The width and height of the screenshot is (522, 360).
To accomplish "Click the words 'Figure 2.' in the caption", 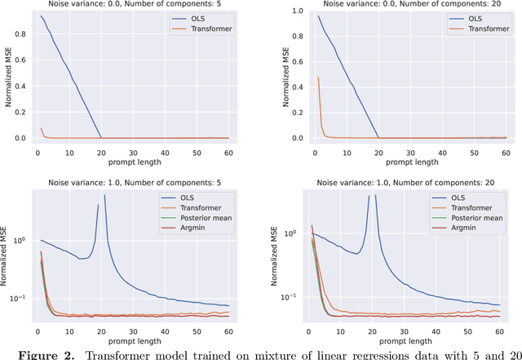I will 31,353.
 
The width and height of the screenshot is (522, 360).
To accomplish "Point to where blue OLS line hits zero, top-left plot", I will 101,137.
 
